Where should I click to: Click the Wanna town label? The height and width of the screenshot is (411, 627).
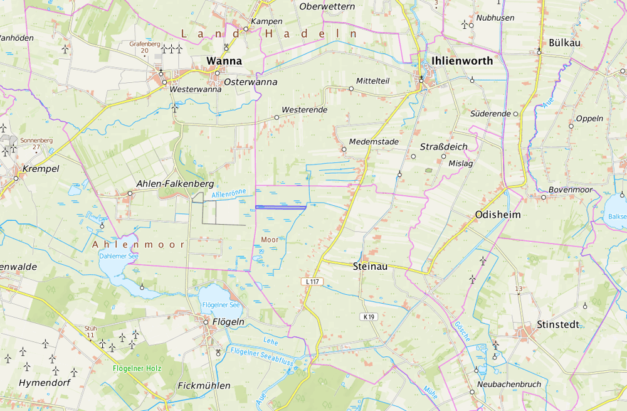point(224,61)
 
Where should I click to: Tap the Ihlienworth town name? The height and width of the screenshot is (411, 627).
point(461,61)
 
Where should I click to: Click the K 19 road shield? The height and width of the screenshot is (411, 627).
point(368,317)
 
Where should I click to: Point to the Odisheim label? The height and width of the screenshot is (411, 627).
point(498,215)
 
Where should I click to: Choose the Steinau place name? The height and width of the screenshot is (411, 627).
point(370,266)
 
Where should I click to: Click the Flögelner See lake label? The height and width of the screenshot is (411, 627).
point(221,305)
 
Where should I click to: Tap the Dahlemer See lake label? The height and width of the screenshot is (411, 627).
point(119,256)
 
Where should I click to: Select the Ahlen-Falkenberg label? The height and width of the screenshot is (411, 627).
point(175,184)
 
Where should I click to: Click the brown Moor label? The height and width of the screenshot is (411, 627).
point(270,240)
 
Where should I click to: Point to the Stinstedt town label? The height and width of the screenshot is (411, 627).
point(557,324)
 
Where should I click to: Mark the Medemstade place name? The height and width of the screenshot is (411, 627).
point(374,142)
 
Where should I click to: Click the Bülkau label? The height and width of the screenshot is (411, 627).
point(564,43)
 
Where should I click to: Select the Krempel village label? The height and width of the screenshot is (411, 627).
point(40,169)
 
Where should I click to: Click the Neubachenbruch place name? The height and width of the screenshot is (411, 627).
point(508,384)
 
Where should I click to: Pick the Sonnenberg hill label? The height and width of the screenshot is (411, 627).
point(36,141)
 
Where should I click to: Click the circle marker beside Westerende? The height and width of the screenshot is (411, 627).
point(277,117)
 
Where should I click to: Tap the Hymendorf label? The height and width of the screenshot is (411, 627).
point(44,382)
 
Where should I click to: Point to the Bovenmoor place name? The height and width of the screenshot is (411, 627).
point(570,189)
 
